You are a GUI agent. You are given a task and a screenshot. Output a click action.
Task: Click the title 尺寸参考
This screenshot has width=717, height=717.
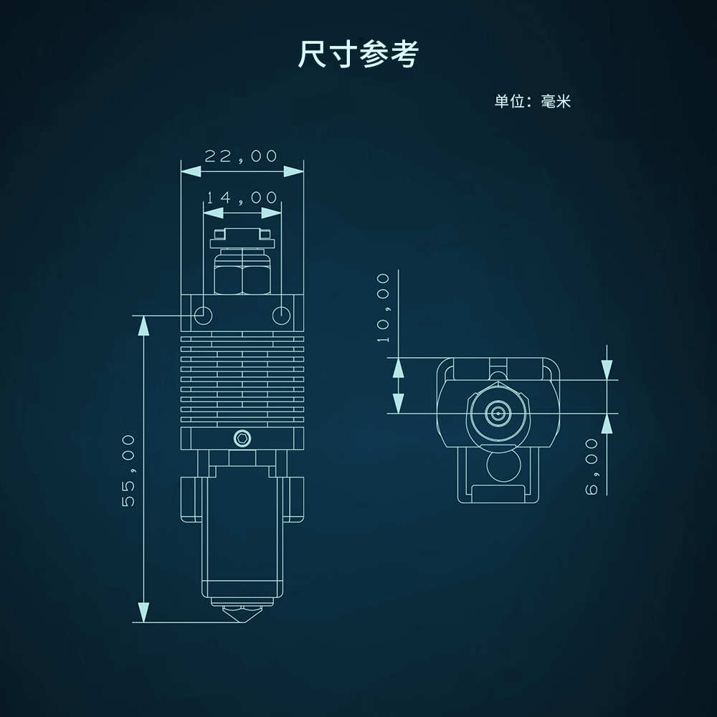(358, 55)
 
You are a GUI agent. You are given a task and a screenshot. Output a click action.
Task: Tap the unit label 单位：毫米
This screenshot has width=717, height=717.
(532, 101)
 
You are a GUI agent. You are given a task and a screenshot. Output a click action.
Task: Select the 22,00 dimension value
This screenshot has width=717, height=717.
(241, 156)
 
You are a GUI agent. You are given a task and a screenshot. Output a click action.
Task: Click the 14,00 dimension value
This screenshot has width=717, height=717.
(242, 197)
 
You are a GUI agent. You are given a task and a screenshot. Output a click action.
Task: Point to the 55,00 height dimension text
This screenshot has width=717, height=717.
(128, 470)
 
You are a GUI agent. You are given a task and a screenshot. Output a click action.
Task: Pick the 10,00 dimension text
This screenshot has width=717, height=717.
(384, 307)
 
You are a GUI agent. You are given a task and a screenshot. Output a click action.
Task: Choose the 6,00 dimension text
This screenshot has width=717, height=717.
(592, 467)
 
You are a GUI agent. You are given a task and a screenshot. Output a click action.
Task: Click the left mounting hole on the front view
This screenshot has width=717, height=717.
(202, 314)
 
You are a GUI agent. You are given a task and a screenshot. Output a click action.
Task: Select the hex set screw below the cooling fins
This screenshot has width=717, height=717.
(242, 438)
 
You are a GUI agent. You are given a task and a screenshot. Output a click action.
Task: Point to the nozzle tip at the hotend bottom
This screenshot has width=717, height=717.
(242, 617)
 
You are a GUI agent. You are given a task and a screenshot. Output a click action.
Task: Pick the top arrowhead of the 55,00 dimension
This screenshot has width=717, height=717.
(144, 325)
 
